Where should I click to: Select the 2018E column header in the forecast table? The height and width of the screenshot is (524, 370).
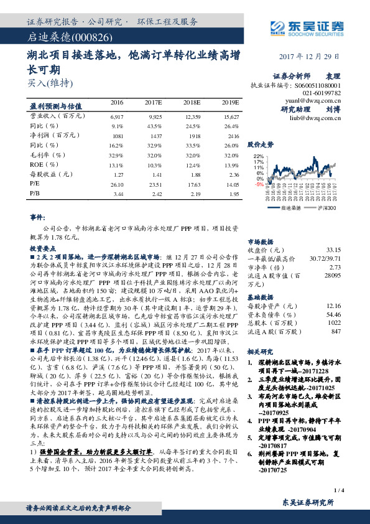click(x=192, y=102)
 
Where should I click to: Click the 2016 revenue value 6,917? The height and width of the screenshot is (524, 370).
click(x=117, y=116)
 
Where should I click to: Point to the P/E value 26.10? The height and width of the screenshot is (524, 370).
click(x=117, y=185)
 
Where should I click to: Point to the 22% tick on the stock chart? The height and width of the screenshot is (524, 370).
click(x=259, y=156)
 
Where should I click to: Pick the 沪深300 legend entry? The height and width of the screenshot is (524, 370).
click(x=327, y=207)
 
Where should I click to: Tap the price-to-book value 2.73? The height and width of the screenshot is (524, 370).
click(x=354, y=266)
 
